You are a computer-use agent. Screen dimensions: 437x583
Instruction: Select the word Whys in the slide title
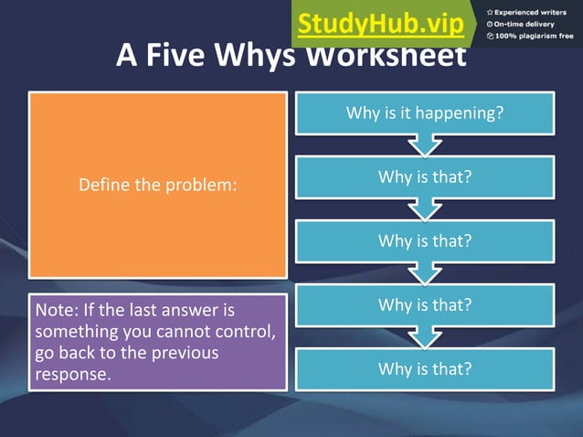point(257,57)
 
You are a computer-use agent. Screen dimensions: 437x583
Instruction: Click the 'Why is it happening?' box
point(424,114)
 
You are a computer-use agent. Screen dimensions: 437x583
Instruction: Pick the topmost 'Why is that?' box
point(424,176)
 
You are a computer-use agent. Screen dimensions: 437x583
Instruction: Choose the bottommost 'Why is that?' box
point(424,369)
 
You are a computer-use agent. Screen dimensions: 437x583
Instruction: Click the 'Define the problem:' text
point(158,185)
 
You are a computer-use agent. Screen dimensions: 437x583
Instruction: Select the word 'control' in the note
point(244,332)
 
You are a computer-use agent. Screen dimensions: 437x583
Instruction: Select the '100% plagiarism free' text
point(535,37)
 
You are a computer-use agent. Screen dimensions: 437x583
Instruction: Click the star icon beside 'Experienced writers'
point(490,12)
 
